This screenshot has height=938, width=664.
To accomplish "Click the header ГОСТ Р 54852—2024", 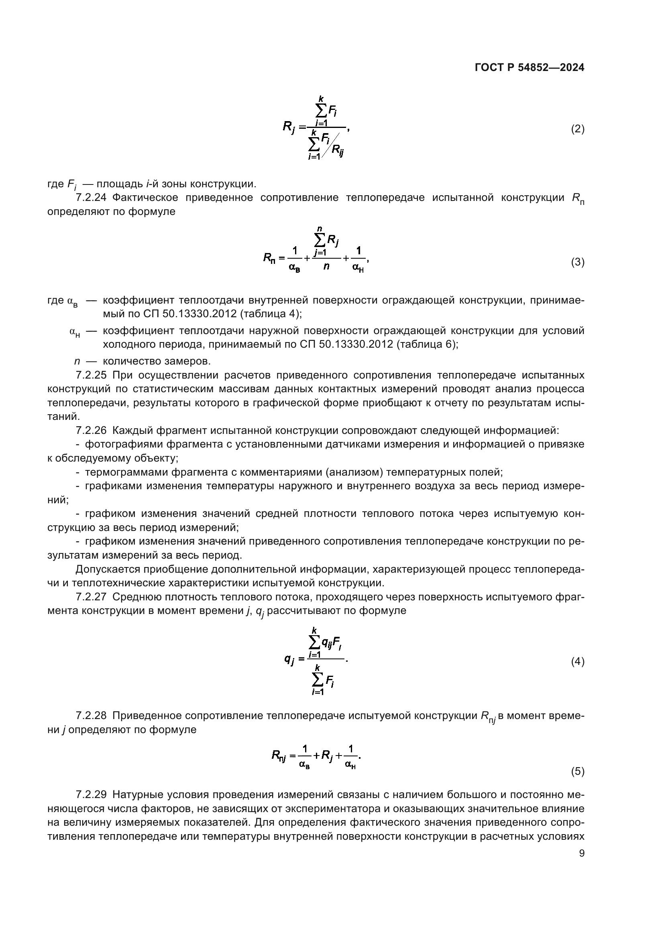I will [x=530, y=68].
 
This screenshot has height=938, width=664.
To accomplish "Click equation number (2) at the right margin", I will [x=577, y=129].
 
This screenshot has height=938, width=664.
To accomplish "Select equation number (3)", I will [x=577, y=262].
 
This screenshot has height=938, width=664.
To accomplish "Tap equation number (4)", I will [x=577, y=661].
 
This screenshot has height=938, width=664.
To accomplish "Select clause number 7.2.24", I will [x=91, y=198].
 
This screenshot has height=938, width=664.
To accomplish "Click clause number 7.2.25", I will [x=91, y=375].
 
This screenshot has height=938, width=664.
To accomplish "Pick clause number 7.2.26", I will [x=91, y=430].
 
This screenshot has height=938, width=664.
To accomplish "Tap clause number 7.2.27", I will [x=91, y=597].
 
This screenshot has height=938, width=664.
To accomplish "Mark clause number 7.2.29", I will [x=91, y=794].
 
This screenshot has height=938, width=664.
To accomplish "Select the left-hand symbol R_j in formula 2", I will [x=289, y=127].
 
